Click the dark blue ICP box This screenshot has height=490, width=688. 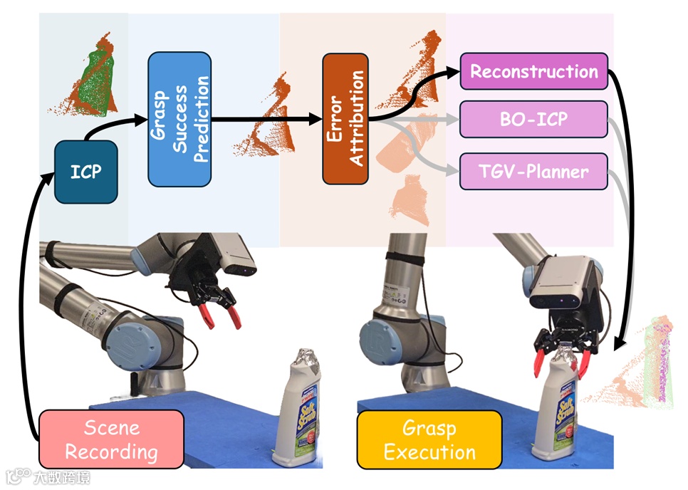85,172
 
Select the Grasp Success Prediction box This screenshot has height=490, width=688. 179,119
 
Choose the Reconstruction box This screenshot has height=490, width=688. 533,72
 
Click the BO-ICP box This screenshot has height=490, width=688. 533,119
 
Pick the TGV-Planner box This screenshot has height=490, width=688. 533,172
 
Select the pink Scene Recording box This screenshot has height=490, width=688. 111,439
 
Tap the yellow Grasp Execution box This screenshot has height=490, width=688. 429,440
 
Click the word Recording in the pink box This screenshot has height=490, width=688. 111,452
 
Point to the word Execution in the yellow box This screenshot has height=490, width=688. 429,452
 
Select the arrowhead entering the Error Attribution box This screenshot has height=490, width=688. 315,120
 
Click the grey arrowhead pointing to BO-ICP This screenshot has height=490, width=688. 453,120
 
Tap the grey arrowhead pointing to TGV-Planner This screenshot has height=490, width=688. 453,172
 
